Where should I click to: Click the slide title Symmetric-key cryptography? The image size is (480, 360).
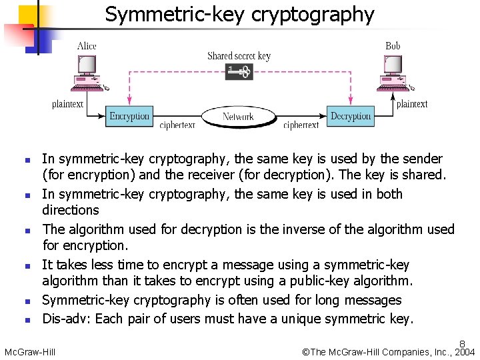(x=239, y=14)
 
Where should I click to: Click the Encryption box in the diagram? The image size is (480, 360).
(x=129, y=116)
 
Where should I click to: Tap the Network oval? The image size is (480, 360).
(x=238, y=117)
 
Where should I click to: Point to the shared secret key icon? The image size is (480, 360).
(x=239, y=71)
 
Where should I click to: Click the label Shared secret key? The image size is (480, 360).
(x=239, y=56)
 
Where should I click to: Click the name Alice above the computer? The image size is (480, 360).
(x=87, y=46)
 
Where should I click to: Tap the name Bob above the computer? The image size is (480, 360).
(x=393, y=46)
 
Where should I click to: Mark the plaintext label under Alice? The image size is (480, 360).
(x=68, y=104)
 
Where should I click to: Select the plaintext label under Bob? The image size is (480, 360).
(x=412, y=104)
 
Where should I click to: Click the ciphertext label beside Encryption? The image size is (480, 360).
(x=178, y=125)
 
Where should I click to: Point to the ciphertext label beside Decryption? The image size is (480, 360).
(x=301, y=125)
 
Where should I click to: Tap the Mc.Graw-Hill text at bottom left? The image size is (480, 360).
(x=30, y=351)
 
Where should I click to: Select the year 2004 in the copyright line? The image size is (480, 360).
(x=465, y=351)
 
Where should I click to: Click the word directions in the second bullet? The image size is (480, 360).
(x=70, y=210)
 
